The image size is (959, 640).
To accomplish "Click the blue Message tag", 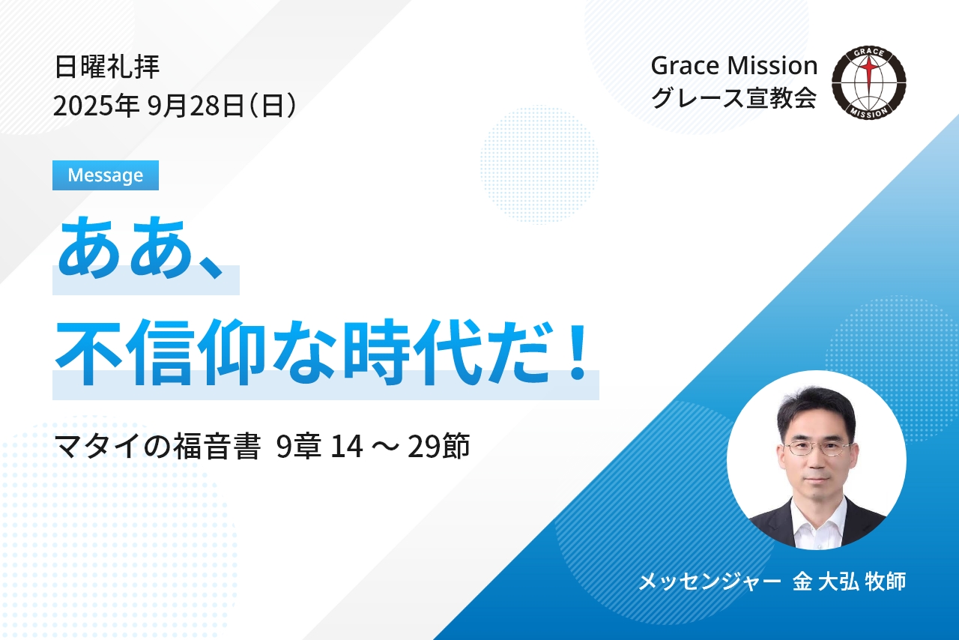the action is pos(106,175).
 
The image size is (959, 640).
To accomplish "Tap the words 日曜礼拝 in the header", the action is pos(107,67).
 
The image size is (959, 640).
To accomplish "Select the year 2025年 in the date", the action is pos(96,106).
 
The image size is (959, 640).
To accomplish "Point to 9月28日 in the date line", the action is pos(196,106).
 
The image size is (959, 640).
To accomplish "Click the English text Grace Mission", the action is pos(734,66).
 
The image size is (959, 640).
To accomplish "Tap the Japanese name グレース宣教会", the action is pos(733,97).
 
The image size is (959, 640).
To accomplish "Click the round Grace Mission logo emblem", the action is pos(868,82).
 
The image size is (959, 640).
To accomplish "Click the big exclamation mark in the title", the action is pos(579,352).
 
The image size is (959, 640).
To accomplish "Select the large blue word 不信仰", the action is pos(161,352).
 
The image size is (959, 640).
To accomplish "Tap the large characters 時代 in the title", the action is pos(413,352).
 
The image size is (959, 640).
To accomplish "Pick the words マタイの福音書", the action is pos(157,447).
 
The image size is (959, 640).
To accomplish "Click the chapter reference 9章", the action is pos(298,447).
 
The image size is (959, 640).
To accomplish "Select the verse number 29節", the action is pos(438,447).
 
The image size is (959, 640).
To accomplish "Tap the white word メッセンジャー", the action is pos(710,582).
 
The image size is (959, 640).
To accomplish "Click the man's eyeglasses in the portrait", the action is pos(816,448).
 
